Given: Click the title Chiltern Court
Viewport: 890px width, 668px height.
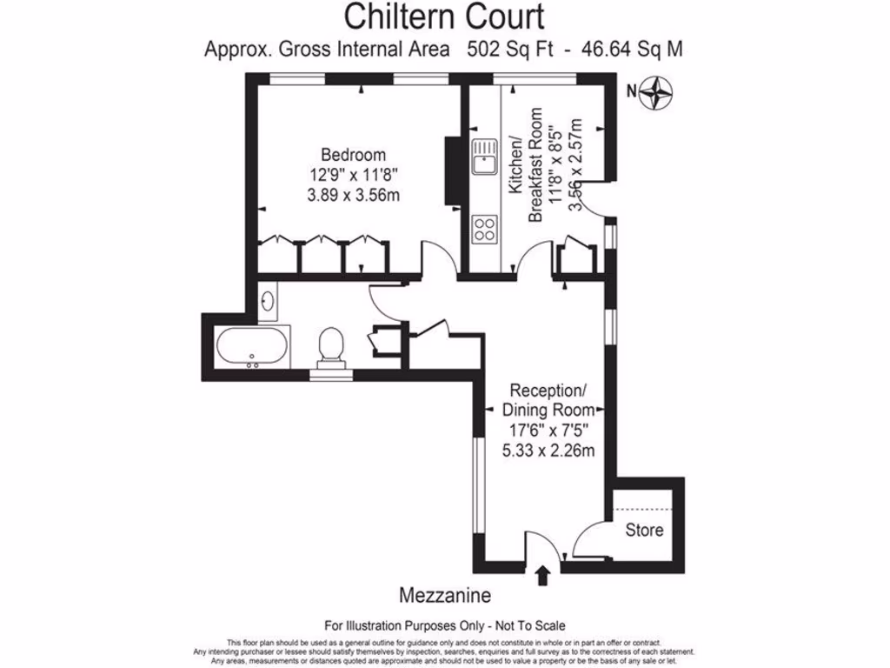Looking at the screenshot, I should point(444,17).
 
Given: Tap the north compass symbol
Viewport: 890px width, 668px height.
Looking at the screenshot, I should point(660,92).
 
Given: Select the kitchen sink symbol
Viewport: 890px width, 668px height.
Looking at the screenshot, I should point(484,160).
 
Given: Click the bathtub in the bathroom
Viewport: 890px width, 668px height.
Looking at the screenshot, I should point(252,348).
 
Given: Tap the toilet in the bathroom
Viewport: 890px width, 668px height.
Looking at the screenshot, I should point(331,346).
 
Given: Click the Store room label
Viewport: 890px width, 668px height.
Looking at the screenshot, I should point(644,530).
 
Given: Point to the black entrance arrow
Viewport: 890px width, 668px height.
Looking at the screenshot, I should point(544,575).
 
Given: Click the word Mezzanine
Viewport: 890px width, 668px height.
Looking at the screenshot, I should point(444,596).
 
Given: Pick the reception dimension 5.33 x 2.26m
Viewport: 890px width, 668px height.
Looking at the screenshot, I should point(552,450).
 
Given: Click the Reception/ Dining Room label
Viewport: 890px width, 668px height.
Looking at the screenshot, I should point(552,399).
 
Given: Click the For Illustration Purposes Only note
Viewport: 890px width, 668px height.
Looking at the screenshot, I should point(444,625).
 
